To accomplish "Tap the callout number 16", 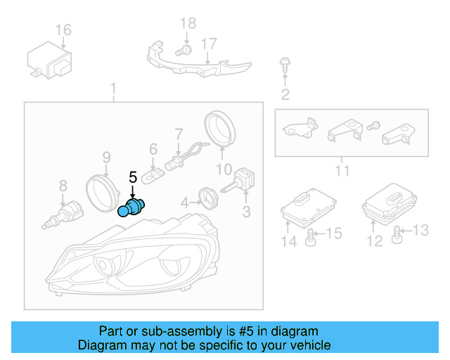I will click(63, 30).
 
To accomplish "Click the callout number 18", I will click(188, 24).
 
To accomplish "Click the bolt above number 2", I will click(284, 65).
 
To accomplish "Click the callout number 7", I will click(179, 132).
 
